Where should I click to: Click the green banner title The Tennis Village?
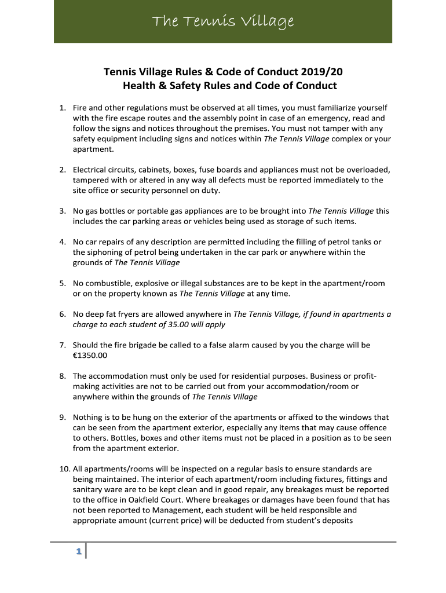[223, 22]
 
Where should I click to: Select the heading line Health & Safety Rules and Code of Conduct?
[229, 86]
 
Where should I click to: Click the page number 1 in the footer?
[78, 552]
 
